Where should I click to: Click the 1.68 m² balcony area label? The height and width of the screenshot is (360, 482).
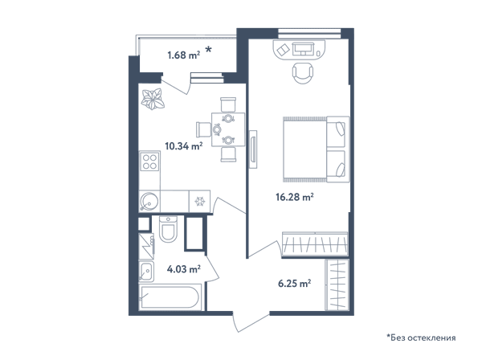point(184,55)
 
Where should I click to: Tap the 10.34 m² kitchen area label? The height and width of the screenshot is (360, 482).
point(184,146)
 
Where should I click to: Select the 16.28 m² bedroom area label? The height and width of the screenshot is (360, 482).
point(295,197)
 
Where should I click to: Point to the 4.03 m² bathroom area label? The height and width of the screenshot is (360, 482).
point(184,269)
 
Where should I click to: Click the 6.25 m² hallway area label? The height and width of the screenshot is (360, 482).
point(295,283)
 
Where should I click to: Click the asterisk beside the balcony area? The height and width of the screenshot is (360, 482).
point(208,49)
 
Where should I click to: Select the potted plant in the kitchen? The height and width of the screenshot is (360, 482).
point(153,99)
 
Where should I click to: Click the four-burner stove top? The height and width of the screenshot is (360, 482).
point(149,162)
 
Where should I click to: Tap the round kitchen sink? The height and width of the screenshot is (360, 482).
point(149,202)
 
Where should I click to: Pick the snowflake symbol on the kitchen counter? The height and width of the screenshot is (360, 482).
point(200,202)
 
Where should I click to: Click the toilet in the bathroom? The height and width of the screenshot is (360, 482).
point(168,229)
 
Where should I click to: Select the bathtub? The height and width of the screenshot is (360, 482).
point(170,297)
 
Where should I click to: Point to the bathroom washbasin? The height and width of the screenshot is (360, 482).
point(146,271)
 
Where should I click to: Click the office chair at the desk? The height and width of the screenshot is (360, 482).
point(303,73)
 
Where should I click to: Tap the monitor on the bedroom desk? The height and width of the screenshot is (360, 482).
point(303,48)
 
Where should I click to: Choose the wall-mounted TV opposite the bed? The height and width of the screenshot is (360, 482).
point(253,149)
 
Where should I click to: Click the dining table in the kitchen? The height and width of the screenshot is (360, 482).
point(228,129)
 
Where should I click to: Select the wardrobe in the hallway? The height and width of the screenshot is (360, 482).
point(337,284)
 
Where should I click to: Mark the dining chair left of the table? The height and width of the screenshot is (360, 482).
point(203,129)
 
